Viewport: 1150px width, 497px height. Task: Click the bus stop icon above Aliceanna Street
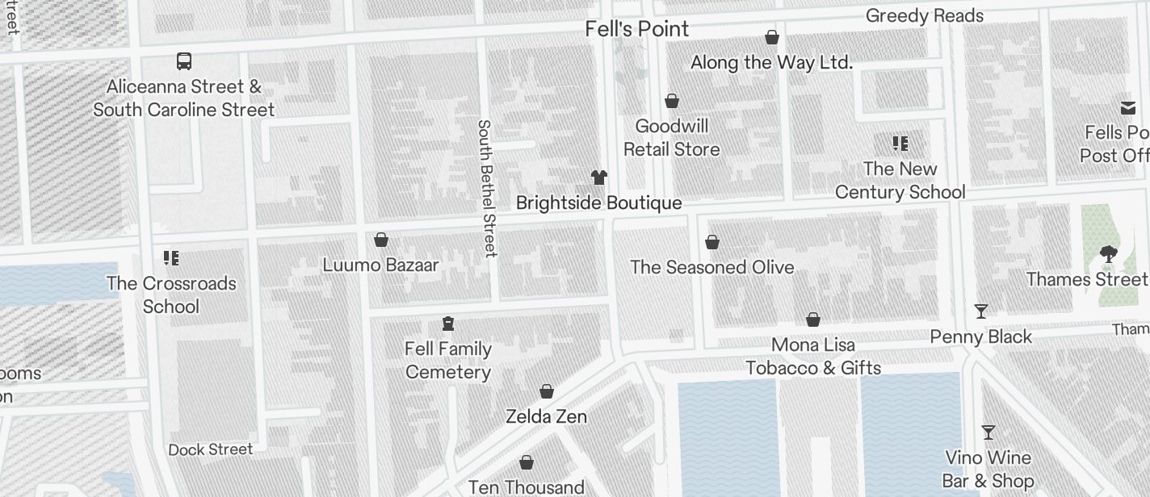pos(184,61)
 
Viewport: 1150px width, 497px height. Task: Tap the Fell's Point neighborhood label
pos(637,29)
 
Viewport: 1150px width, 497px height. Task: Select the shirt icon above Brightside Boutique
pos(598,177)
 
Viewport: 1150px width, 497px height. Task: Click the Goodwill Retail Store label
pos(671,138)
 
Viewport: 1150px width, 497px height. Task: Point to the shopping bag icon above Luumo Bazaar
pos(381,240)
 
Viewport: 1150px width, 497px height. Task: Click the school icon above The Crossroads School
pos(171,258)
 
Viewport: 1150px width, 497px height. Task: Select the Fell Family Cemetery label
pos(448,361)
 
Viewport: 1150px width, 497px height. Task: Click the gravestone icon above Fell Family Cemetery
pos(448,324)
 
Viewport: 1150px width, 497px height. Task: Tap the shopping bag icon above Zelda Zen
pos(547,391)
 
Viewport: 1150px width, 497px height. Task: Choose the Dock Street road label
pos(211,449)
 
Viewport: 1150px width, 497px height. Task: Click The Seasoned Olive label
pos(711,267)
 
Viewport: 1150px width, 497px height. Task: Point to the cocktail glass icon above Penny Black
pos(981,311)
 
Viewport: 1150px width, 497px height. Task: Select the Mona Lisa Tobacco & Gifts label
pos(813,357)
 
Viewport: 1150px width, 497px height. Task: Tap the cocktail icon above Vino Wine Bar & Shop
pos(988,432)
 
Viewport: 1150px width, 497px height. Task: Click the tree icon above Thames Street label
pos(1108,254)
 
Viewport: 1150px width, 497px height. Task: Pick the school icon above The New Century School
pos(900,144)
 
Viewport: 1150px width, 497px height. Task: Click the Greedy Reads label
pos(924,16)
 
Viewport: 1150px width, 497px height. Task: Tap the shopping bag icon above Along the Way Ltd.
pos(772,37)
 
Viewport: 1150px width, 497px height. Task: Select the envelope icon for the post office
pos(1128,108)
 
